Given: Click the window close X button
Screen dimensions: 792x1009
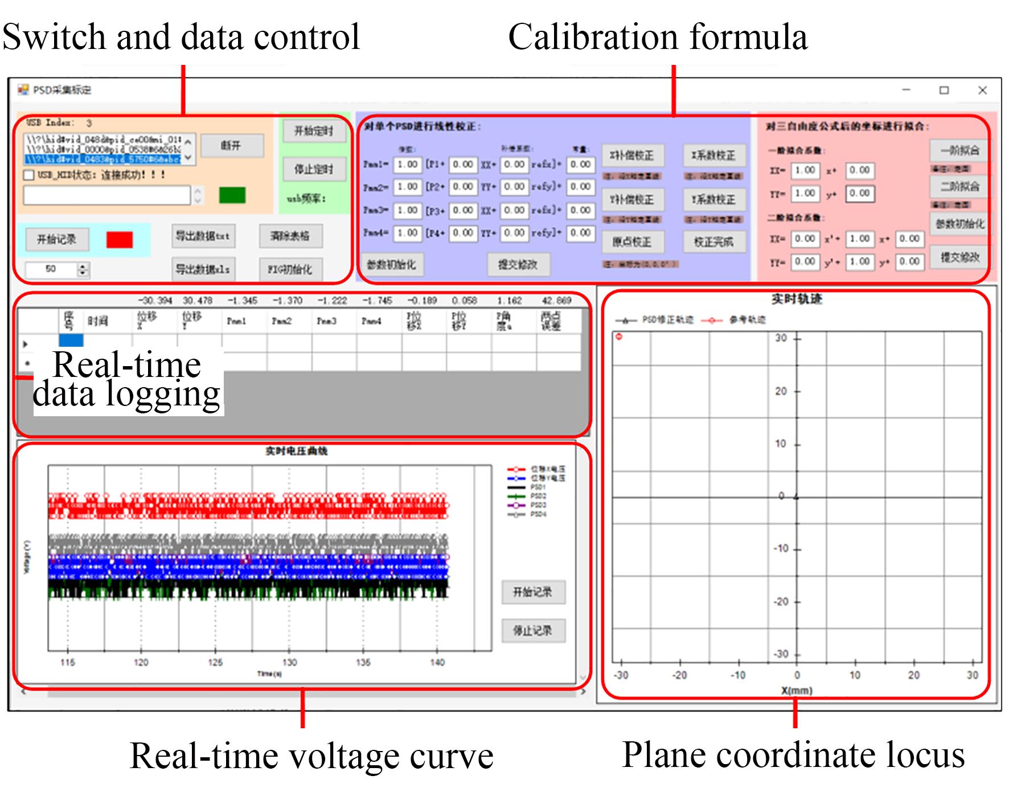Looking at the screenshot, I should [982, 91].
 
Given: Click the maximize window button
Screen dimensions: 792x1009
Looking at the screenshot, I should [944, 91].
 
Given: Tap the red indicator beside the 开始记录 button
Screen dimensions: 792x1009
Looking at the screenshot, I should [120, 240].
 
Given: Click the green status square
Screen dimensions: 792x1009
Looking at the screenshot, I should [232, 195].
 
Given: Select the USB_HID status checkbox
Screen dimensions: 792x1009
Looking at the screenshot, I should [28, 175].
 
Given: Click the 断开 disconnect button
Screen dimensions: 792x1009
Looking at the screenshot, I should [231, 146].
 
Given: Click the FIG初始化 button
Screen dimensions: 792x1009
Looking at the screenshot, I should [290, 269].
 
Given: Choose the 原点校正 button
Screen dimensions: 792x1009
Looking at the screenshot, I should [631, 242].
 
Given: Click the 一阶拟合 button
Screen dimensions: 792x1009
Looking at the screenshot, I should [959, 151].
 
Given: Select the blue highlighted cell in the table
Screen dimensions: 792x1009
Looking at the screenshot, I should [71, 340].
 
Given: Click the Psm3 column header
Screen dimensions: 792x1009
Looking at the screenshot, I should [326, 321].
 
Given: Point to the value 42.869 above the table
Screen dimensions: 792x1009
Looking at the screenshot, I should [556, 301].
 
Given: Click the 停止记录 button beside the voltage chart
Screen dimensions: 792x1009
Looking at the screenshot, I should [533, 630].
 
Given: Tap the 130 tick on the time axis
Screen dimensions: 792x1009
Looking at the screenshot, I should [289, 662].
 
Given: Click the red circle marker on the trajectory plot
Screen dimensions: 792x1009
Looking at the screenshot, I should [619, 337].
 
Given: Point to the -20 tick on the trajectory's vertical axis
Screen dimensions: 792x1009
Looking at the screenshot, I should [781, 602].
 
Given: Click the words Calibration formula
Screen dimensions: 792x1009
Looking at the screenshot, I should [657, 37].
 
